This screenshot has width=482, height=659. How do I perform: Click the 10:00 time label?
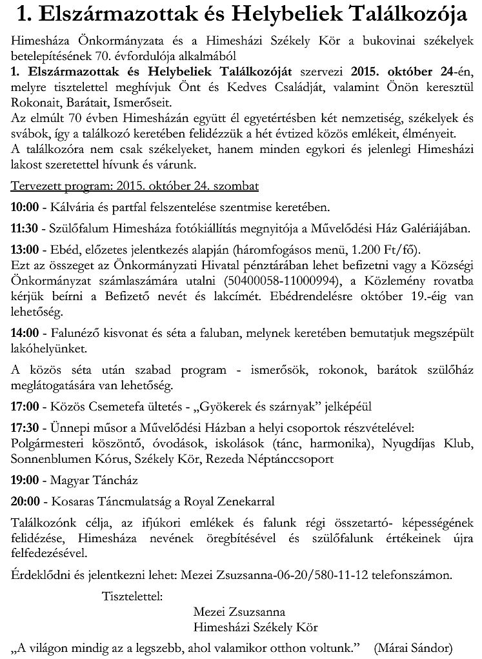click(x=24, y=207)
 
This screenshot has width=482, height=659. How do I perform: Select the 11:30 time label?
click(x=24, y=228)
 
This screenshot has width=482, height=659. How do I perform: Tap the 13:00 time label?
click(x=24, y=250)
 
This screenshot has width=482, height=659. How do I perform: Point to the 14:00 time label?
click(x=24, y=334)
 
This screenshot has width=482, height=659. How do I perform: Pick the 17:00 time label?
click(x=24, y=407)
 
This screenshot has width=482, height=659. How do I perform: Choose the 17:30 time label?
click(x=24, y=428)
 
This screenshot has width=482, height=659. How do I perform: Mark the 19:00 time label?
click(x=24, y=480)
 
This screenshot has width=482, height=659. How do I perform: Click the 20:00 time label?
click(x=24, y=502)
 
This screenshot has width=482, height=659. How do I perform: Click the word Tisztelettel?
click(x=132, y=594)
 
